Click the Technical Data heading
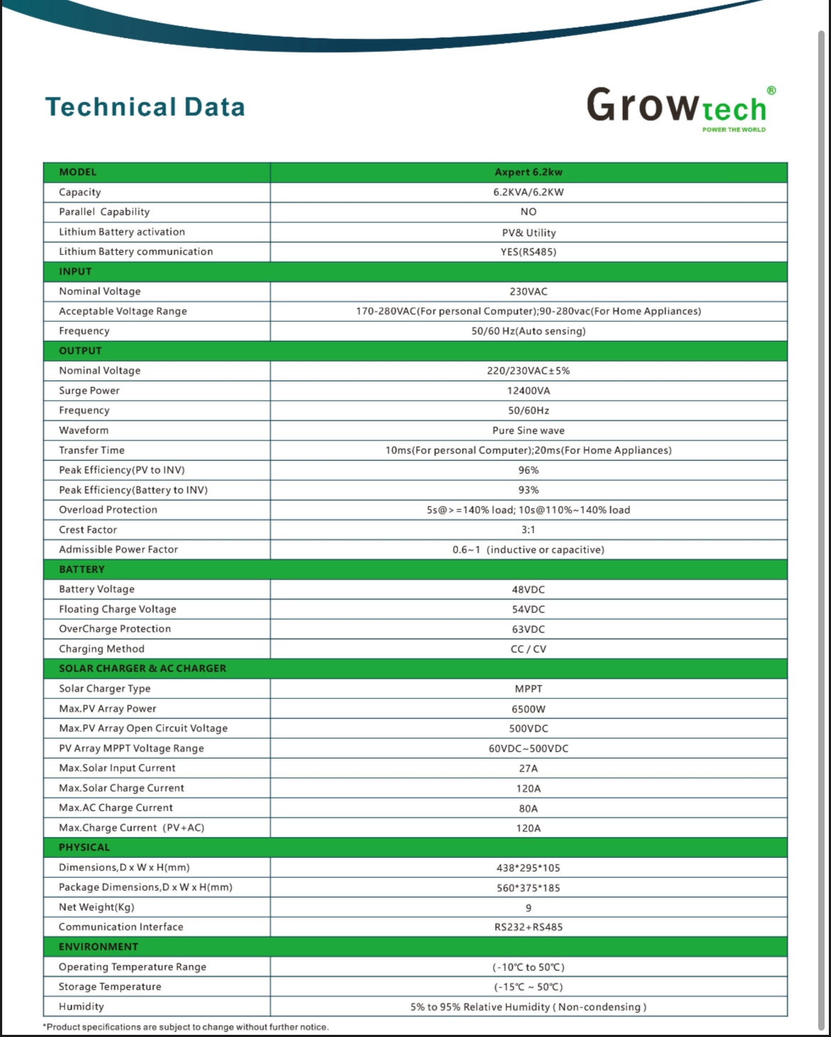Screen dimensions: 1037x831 pos(145,107)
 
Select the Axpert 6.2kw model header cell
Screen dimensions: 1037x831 pos(528,172)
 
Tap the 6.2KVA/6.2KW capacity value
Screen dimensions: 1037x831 pos(528,192)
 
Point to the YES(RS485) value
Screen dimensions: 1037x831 pos(528,251)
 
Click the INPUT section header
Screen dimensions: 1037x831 pos(75,271)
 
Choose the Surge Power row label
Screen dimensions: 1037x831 pos(89,391)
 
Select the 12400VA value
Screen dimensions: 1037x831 pos(528,391)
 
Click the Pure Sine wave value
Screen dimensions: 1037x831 pos(528,430)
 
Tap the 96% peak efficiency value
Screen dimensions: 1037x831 pos(528,470)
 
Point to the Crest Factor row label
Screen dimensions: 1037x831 pos(88,530)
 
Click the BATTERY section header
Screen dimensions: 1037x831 pos(82,570)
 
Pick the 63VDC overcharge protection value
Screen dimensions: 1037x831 pos(528,629)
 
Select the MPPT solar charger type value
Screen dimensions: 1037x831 pos(528,689)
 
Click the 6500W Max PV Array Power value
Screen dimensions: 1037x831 pos(528,709)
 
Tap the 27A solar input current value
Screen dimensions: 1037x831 pos(528,769)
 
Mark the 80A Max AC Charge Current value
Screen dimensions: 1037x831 pos(528,808)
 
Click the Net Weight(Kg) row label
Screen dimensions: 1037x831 pos(97,907)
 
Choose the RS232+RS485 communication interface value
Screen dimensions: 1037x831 pos(528,927)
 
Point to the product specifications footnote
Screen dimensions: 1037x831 pos(186,1027)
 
